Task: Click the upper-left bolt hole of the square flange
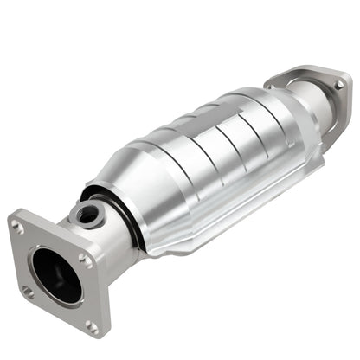coord(18,227)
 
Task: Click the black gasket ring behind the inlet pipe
coord(130,221)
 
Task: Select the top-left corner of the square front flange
coord(12,216)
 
